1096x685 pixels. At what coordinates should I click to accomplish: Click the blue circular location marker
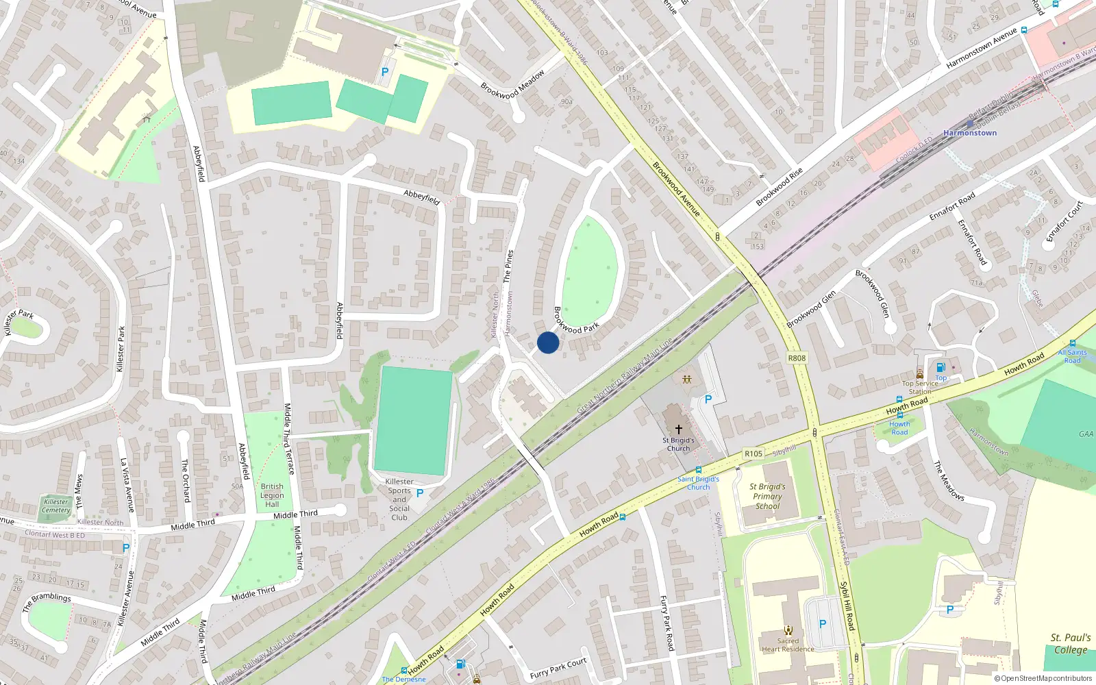tap(548, 342)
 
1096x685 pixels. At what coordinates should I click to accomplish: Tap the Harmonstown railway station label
tap(970, 133)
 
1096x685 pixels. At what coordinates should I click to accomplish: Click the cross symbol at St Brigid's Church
tap(679, 429)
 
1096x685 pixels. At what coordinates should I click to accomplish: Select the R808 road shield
tap(797, 358)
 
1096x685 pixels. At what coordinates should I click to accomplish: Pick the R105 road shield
tap(754, 453)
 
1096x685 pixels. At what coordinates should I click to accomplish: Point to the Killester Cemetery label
tap(56, 506)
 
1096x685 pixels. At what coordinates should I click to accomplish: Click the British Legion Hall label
tap(272, 495)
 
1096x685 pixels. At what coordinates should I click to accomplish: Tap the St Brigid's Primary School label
tap(768, 497)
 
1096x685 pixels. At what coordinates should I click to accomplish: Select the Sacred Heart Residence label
tap(788, 645)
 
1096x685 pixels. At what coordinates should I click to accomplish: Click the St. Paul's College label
tap(1071, 644)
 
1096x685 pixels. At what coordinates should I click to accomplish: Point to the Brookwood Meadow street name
tap(512, 84)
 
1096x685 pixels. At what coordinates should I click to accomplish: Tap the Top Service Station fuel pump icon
tap(941, 368)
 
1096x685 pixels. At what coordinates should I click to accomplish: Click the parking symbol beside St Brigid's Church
tap(708, 399)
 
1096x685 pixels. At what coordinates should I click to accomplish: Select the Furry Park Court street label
tap(558, 669)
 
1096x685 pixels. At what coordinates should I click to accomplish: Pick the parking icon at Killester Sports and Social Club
tap(420, 493)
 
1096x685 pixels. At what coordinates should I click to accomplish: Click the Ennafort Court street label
tap(1064, 221)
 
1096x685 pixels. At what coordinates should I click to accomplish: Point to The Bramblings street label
tap(47, 601)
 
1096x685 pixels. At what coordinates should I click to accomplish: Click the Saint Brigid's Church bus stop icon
tap(698, 470)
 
